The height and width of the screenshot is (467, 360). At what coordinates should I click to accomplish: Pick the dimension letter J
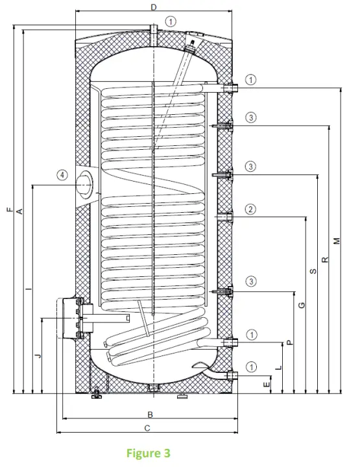point(38,355)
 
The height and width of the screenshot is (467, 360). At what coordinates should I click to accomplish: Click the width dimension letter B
point(149,414)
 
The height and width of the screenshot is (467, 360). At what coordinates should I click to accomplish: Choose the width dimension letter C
point(147,428)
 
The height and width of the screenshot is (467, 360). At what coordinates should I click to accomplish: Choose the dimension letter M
point(337,241)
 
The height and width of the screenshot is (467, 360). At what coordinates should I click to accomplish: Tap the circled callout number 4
point(61,175)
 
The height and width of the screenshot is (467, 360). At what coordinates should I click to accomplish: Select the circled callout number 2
point(251,209)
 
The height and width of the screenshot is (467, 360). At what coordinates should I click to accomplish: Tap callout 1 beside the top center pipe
point(171,21)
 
